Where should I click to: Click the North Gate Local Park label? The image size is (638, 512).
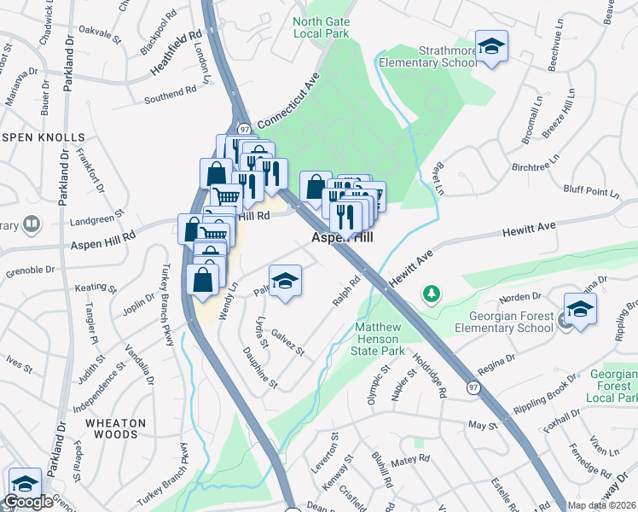(x=321, y=27)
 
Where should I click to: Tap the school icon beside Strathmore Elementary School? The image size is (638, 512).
(x=491, y=47)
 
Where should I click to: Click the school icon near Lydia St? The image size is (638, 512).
(x=285, y=281)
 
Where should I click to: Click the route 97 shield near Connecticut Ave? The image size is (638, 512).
(x=245, y=129)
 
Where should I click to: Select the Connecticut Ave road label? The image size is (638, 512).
(x=281, y=109)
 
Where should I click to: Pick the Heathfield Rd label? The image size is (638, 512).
(x=177, y=53)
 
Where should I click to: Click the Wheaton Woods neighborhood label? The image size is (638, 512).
(x=115, y=428)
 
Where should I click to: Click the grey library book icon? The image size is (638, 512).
(x=32, y=224)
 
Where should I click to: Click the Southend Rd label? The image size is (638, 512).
(x=170, y=93)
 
